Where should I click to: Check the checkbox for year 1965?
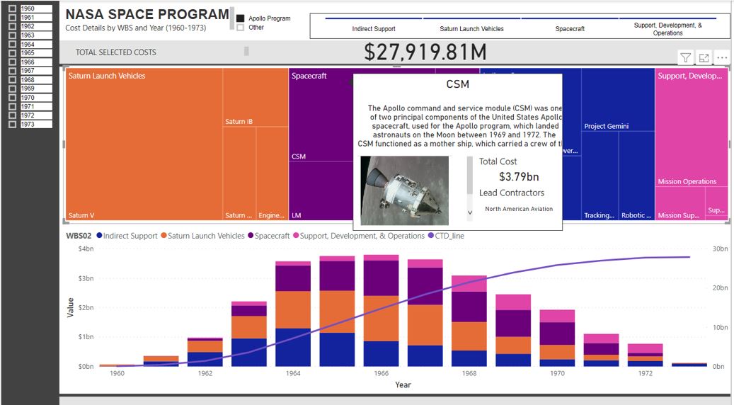coord(12,53)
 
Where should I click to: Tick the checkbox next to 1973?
coord(12,124)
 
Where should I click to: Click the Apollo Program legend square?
coord(241,18)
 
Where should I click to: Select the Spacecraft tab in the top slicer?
coord(570,29)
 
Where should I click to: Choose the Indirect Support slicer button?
coord(374,29)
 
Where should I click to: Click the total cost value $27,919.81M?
coord(425,52)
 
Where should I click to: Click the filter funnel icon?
coord(685,58)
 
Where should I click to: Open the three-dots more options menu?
coord(721,58)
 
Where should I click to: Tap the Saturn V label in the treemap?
coord(81,215)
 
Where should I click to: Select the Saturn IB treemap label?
coord(239,122)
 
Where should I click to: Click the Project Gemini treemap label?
coord(607,126)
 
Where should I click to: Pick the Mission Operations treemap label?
coord(687,181)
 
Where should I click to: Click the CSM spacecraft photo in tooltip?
coord(404,190)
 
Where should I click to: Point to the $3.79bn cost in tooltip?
coord(518,177)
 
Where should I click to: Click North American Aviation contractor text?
coord(519,209)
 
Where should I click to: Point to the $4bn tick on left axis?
coord(85,249)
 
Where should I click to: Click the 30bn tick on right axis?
coord(718,249)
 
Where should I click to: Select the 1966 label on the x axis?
coord(381,372)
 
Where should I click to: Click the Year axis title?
coord(403,384)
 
